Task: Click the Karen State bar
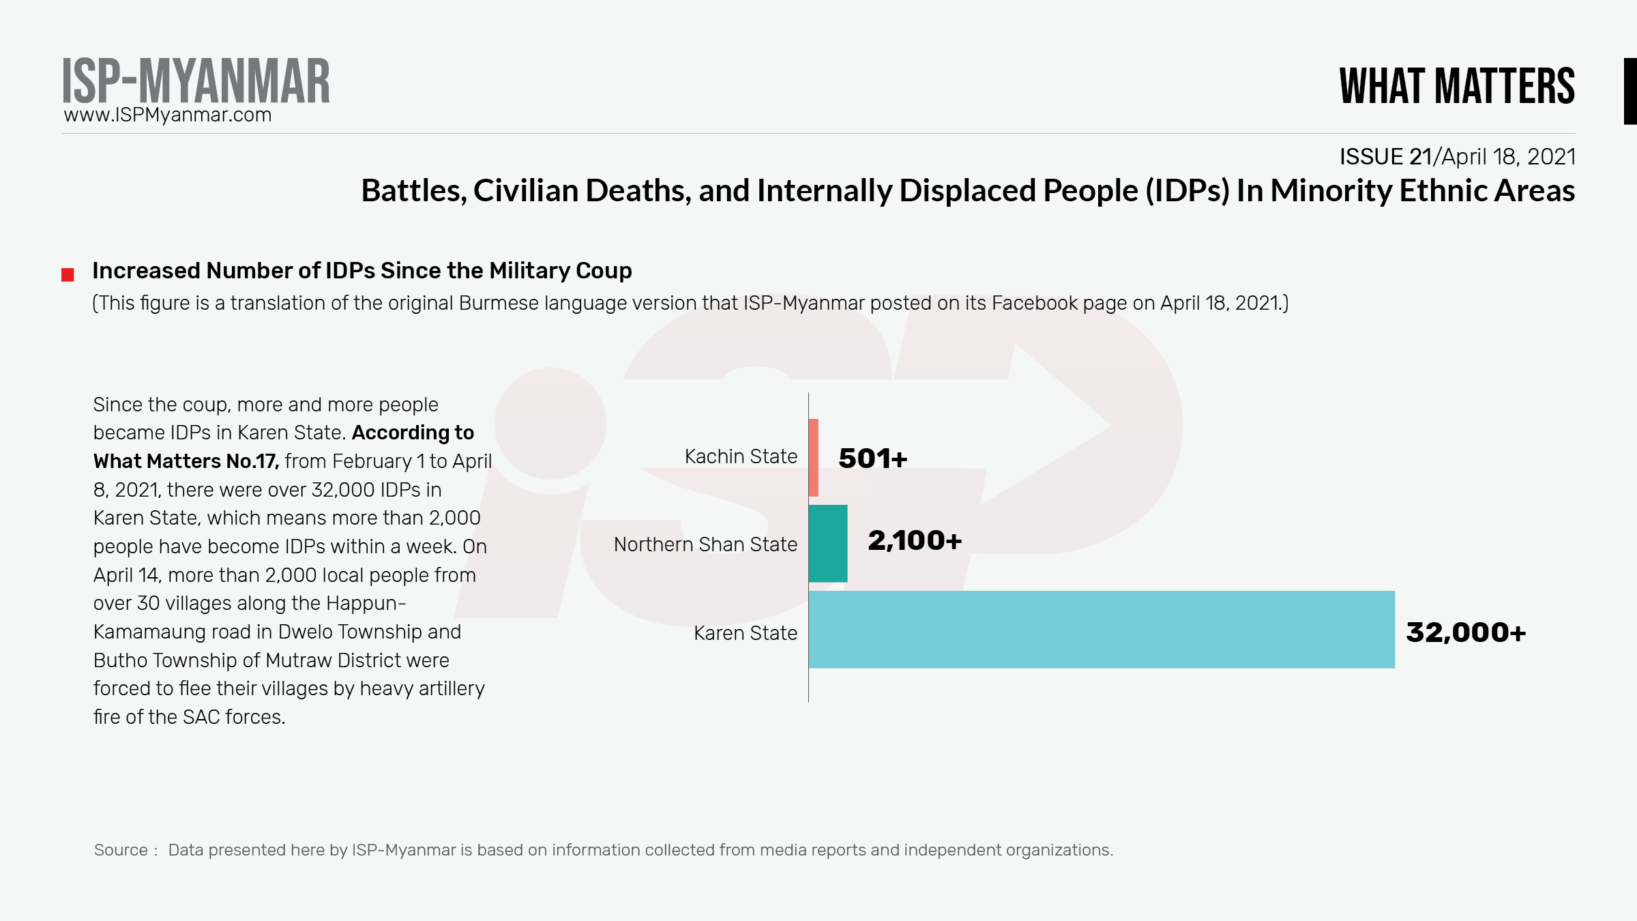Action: [x=1101, y=629]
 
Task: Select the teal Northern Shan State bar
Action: [x=827, y=543]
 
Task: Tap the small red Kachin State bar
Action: [x=813, y=457]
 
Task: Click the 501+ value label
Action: [x=872, y=458]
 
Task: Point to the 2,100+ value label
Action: [x=914, y=541]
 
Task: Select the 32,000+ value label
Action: [x=1465, y=632]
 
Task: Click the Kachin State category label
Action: [x=741, y=456]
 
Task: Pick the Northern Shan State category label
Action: [x=705, y=544]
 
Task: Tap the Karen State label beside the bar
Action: [x=746, y=633]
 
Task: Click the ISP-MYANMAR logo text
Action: [x=196, y=81]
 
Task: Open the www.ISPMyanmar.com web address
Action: [x=168, y=115]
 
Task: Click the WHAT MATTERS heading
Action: [x=1457, y=87]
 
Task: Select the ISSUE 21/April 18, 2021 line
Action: [x=1457, y=157]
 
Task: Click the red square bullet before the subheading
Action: [x=68, y=275]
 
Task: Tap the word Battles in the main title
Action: [x=413, y=190]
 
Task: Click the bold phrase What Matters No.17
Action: [x=186, y=461]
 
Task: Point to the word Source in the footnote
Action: [x=121, y=850]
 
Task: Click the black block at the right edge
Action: [x=1629, y=91]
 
